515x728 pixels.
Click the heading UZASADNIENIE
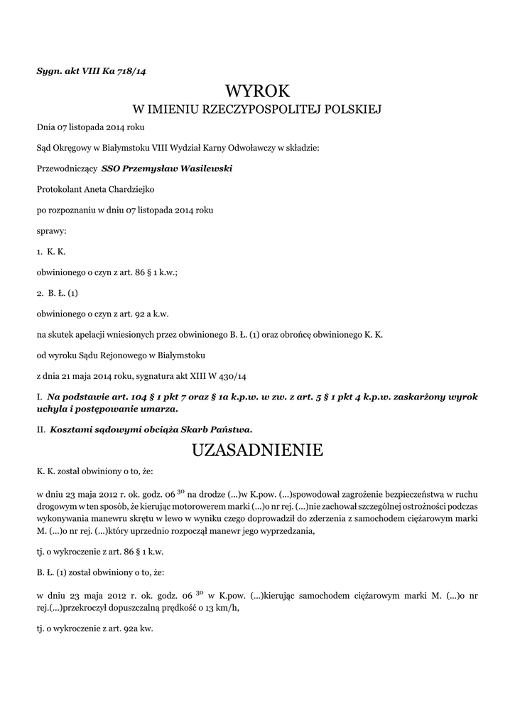coord(257,449)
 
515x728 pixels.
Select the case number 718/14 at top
coord(131,70)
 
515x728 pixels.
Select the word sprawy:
coord(52,231)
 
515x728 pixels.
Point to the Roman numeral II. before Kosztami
coord(41,429)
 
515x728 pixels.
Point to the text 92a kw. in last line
coord(139,629)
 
